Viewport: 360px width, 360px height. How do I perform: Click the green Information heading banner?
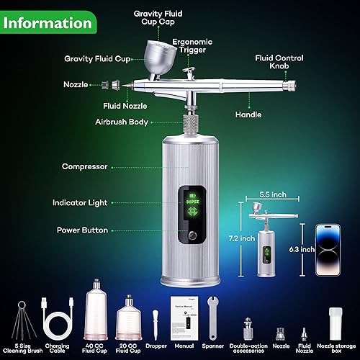coord(50,22)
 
